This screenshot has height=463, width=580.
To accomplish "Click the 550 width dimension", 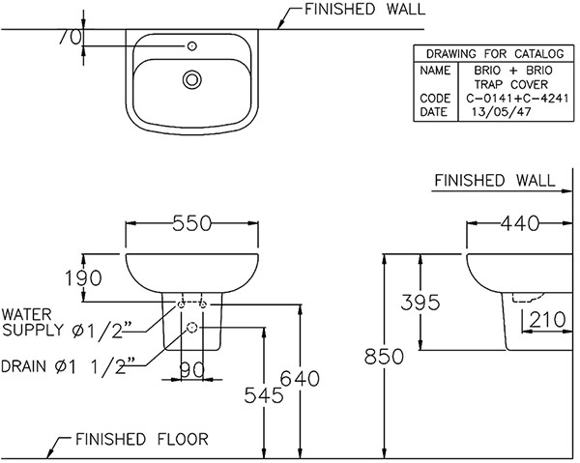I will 192,223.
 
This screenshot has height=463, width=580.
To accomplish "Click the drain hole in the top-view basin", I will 191,80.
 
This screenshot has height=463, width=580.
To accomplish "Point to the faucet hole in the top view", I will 192,44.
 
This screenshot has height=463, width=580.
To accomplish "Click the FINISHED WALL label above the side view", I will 494,181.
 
